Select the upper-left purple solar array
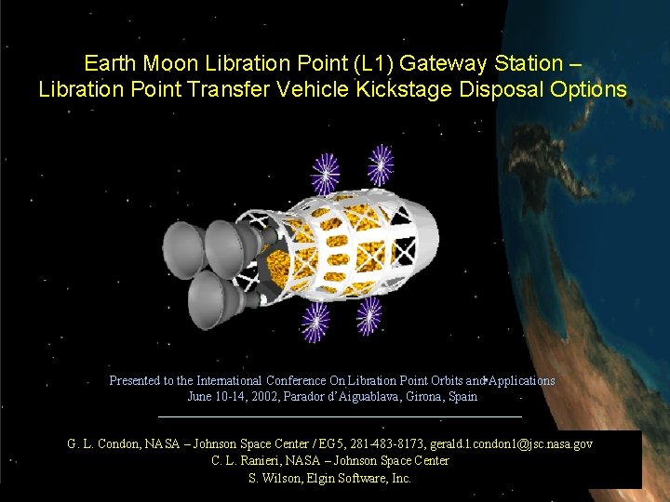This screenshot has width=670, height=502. pyautogui.click(x=325, y=173)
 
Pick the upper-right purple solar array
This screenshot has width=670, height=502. pyautogui.click(x=380, y=165)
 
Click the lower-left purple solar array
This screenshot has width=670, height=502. pyautogui.click(x=315, y=322)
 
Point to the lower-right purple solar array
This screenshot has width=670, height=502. pyautogui.click(x=368, y=316)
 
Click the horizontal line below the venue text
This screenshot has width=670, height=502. pyautogui.click(x=341, y=416)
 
